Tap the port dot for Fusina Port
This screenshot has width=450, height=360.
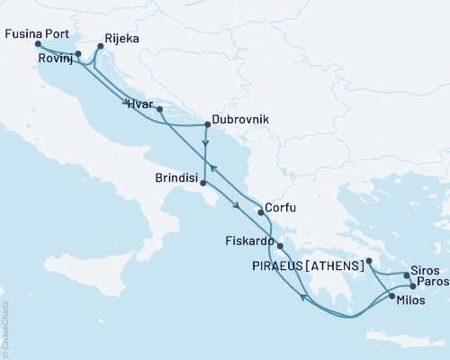point(38,44)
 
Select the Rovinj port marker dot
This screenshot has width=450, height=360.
point(78,54)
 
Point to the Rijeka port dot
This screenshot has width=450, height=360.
point(100,47)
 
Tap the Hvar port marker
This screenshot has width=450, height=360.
point(159,110)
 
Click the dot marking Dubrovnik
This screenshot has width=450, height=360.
point(207,126)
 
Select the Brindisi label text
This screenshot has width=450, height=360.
point(170,178)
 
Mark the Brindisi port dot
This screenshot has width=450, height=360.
point(203,184)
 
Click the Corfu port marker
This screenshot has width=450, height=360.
point(260,212)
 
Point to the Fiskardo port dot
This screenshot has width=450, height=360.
point(281,246)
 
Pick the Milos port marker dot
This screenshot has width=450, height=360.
point(391,294)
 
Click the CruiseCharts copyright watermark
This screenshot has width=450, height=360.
point(5,329)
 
